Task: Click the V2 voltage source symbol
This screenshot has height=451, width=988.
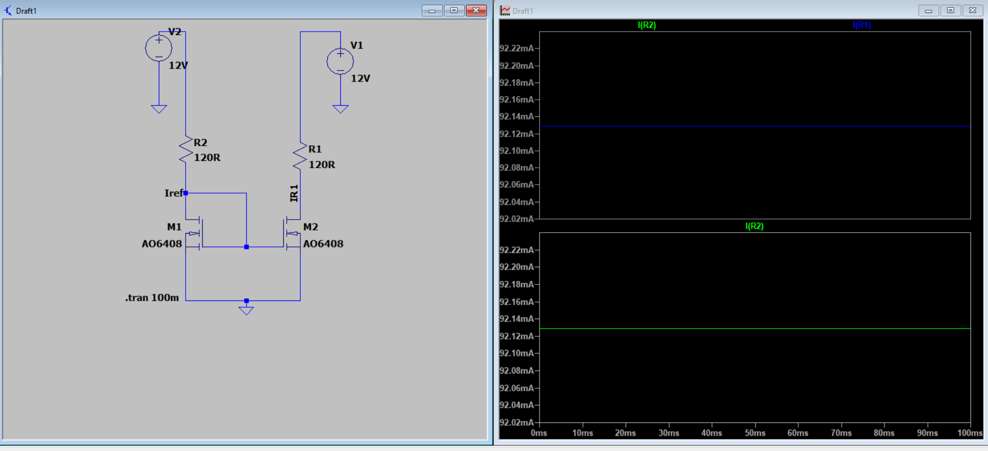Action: point(159,48)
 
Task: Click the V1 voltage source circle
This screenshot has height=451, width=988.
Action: point(340,62)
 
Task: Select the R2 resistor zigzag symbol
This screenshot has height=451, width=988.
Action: point(186,151)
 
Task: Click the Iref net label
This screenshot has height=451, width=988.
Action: point(173,193)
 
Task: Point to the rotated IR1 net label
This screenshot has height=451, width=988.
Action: point(294,193)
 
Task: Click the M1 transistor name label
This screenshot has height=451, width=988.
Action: point(174,227)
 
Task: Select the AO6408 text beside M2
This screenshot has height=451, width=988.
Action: point(323,243)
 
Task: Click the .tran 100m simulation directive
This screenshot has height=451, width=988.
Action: point(152,297)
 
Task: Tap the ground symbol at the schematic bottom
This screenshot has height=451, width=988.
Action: point(246,310)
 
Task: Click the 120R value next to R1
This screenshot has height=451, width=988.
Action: point(322,165)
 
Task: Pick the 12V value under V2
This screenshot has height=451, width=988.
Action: point(178,65)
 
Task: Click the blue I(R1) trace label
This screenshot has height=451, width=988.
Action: point(861,25)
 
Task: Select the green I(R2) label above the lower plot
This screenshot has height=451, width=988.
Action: point(754,226)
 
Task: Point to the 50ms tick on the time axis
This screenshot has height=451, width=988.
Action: point(755,433)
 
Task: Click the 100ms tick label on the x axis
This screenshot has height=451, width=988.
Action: point(969,433)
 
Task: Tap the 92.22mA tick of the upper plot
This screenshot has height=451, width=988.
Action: point(517,48)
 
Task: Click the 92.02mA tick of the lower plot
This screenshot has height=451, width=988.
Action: point(517,422)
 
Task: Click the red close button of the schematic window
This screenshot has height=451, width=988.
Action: point(476,10)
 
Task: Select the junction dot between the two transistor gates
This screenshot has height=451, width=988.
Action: point(246,247)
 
